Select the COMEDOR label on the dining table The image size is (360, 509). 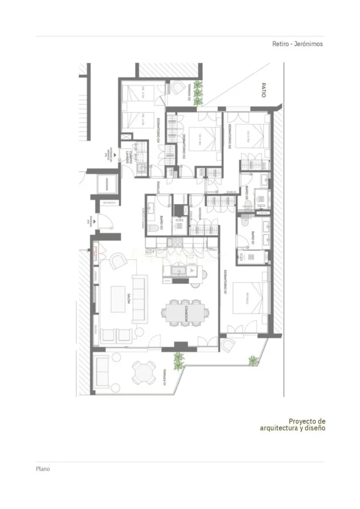[185, 312]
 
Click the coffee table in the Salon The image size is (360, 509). [118, 298]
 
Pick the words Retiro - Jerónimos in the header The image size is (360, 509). [297, 44]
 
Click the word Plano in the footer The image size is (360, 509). [43, 468]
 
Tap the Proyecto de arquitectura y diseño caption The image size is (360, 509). [293, 424]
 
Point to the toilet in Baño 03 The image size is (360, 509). [155, 228]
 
